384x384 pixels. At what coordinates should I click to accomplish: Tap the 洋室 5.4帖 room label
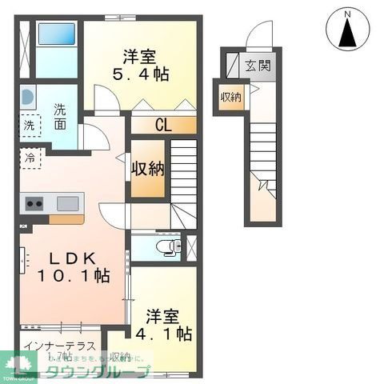point(145,66)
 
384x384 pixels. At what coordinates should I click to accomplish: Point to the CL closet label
point(162,125)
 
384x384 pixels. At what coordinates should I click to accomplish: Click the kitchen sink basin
point(66,202)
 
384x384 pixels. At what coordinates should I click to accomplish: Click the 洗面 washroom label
point(61,118)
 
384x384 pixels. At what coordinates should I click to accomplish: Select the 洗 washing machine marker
point(29,125)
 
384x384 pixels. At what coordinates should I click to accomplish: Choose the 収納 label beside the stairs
point(148,168)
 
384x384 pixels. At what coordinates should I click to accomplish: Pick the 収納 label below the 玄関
point(231,98)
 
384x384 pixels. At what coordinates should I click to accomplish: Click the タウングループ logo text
point(96,373)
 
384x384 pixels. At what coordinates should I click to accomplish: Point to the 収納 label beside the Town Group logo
point(120,357)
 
